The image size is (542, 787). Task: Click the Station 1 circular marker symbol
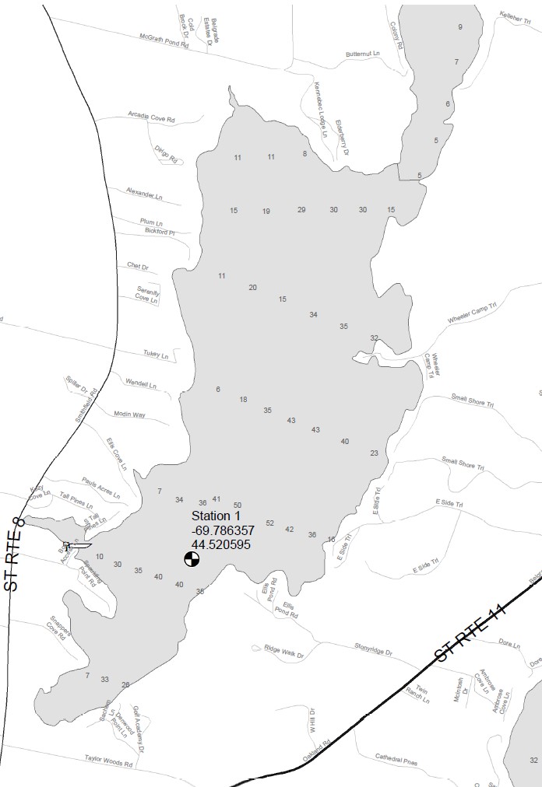tap(192, 558)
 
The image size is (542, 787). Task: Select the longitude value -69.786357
tap(222, 530)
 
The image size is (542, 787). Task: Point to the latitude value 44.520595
tap(220, 544)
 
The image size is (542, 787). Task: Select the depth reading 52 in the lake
tap(270, 523)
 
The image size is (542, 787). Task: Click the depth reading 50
tap(238, 505)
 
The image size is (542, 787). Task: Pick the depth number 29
tap(301, 210)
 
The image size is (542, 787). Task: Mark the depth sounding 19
tap(266, 212)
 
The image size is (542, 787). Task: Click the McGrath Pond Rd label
tap(164, 36)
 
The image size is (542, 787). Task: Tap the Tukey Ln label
tap(156, 355)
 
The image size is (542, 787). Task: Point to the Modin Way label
tap(129, 414)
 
